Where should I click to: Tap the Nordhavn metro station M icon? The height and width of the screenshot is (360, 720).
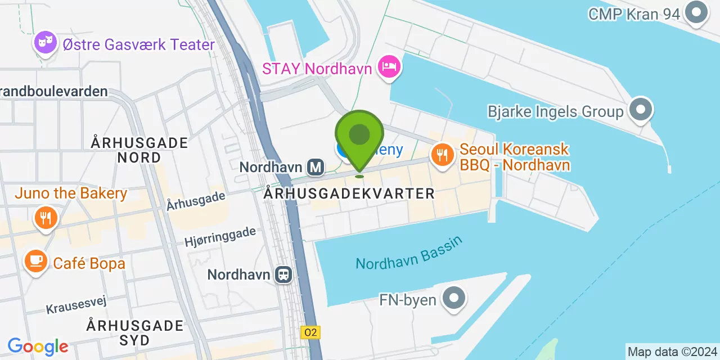pos(316,166)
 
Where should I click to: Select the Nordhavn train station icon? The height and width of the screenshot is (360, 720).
pos(283,274)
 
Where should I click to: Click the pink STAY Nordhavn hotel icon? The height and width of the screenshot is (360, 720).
pos(389,67)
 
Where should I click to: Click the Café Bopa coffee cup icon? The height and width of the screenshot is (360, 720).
pos(36,261)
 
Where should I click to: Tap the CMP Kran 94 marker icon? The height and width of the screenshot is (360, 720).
pos(696,12)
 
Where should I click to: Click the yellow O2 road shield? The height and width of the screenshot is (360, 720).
pos(310,332)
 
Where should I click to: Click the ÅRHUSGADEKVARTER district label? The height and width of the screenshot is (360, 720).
pos(349,193)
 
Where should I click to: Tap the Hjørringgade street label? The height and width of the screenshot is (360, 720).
pos(220,236)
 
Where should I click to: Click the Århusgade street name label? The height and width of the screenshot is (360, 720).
pos(196,201)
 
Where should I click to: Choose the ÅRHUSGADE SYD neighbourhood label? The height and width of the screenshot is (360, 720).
pos(135,332)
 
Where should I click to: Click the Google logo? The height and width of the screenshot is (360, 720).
pos(38,346)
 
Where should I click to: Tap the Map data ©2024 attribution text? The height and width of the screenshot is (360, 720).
pos(672,352)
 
